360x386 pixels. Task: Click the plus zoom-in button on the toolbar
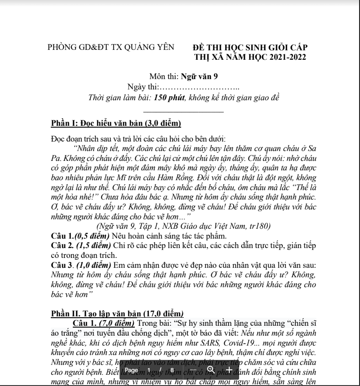pos(229,370)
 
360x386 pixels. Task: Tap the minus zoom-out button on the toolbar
pos(193,370)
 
